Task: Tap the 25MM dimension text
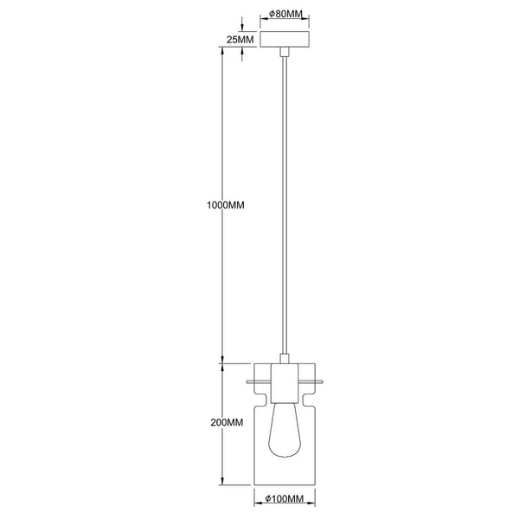click(x=240, y=40)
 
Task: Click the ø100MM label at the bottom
click(x=283, y=500)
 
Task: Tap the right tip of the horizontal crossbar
click(x=322, y=381)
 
